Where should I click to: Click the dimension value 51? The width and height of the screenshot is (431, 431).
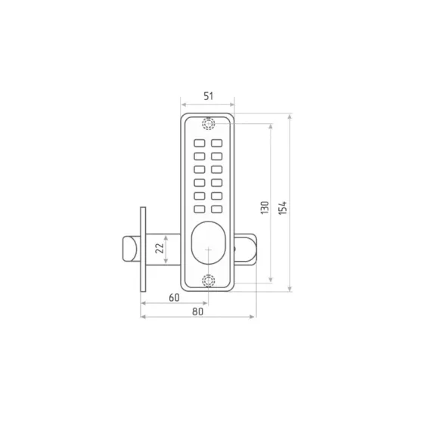click(209, 96)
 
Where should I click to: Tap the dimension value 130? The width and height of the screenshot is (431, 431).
click(265, 207)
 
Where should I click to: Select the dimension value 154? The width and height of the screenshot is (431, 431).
click(282, 208)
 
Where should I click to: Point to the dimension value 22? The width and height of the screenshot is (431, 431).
click(160, 248)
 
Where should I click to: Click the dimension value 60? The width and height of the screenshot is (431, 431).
click(174, 297)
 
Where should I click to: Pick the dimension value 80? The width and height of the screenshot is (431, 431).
click(197, 312)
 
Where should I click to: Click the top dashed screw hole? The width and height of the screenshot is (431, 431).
click(209, 124)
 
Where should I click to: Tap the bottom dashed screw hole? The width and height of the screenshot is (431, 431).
click(209, 281)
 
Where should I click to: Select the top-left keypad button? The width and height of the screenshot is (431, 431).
click(200, 143)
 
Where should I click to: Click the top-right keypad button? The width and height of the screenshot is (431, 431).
click(217, 143)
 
